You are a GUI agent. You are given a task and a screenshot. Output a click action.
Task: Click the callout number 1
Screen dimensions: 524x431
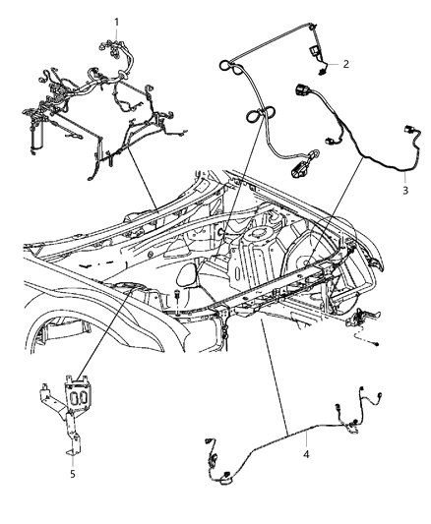point(116,22)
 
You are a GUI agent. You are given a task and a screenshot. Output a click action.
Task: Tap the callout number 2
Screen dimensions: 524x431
point(346,64)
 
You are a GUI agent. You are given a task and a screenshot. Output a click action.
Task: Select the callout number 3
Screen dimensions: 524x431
point(403,190)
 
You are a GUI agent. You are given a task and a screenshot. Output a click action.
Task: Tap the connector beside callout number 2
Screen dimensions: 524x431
point(320,61)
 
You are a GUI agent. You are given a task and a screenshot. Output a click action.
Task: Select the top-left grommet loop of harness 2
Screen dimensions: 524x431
point(226,66)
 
